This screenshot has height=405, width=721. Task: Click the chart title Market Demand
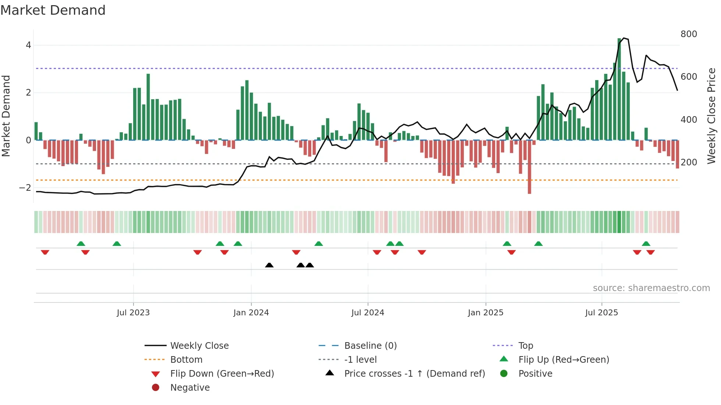click(53, 10)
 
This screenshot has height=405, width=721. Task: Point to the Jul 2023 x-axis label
click(133, 313)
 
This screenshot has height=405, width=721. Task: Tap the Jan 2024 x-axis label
click(251, 313)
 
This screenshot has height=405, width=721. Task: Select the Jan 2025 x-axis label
click(486, 313)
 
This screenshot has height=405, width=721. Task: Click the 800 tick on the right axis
click(689, 34)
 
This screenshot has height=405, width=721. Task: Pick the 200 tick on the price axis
click(689, 162)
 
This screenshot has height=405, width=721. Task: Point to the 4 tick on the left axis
click(28, 45)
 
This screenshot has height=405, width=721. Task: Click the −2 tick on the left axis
click(25, 188)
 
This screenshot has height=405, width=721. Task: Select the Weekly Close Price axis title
click(711, 116)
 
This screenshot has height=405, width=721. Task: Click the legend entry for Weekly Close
click(199, 346)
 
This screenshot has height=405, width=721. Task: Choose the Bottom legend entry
click(186, 360)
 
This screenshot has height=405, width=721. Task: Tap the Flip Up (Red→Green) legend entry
click(564, 360)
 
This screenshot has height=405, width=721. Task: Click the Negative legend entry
click(190, 388)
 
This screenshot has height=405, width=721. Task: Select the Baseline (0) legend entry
click(370, 346)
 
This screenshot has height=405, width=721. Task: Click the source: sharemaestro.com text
click(651, 288)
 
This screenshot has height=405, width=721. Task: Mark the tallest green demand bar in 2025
click(619, 88)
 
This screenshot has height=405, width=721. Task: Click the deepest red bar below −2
click(529, 167)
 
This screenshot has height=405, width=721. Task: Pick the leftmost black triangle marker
click(269, 265)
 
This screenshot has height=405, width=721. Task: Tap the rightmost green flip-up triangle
click(646, 244)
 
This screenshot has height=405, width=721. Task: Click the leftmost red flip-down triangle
click(45, 252)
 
